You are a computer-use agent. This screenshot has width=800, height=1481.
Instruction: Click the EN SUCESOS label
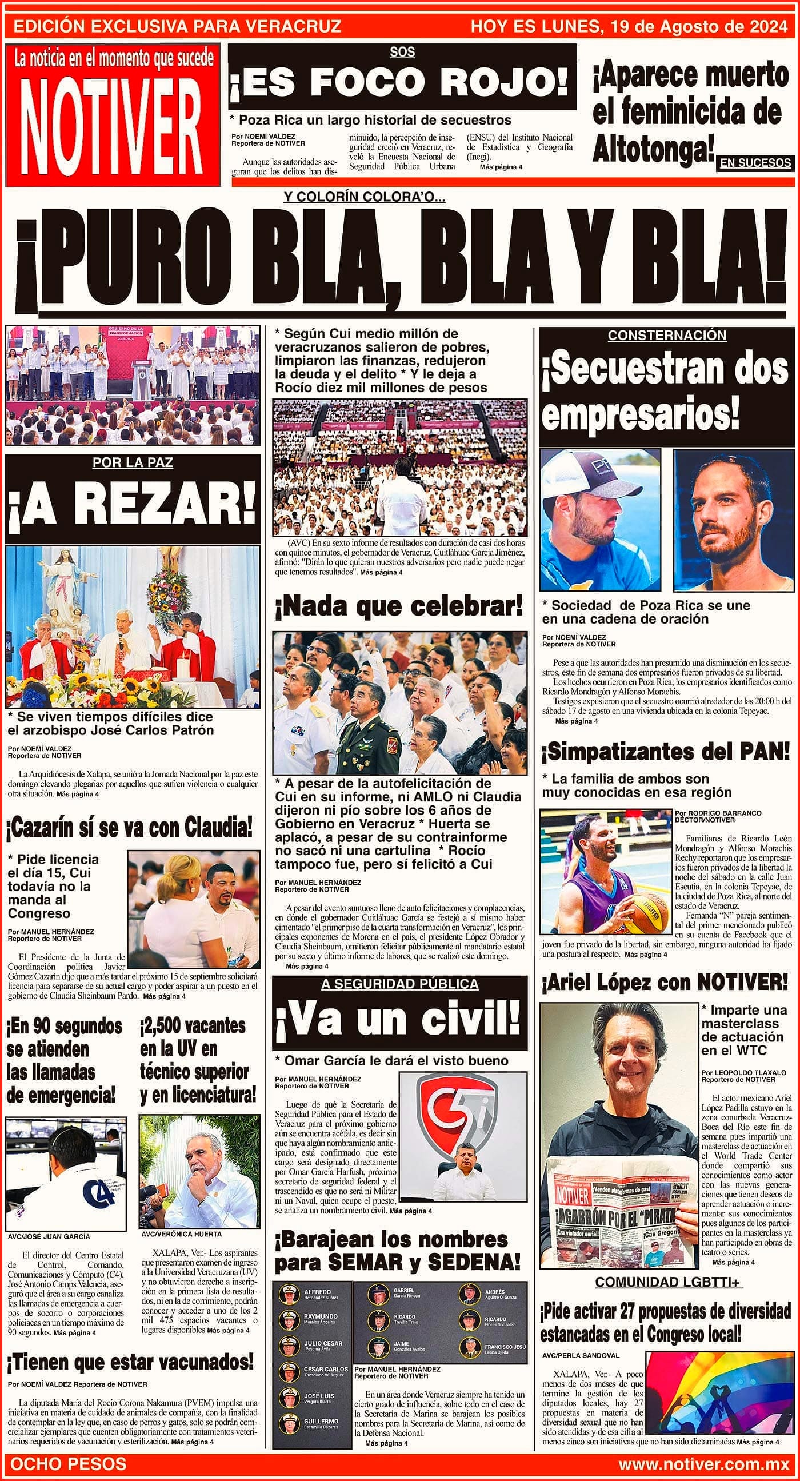point(755,163)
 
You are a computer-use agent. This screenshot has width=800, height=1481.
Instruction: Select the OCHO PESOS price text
point(69,1464)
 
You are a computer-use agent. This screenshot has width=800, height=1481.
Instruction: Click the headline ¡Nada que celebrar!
point(399,606)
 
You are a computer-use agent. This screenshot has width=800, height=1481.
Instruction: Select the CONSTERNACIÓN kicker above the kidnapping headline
point(667,335)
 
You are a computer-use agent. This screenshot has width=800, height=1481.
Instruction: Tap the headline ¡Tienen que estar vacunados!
point(130,1362)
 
